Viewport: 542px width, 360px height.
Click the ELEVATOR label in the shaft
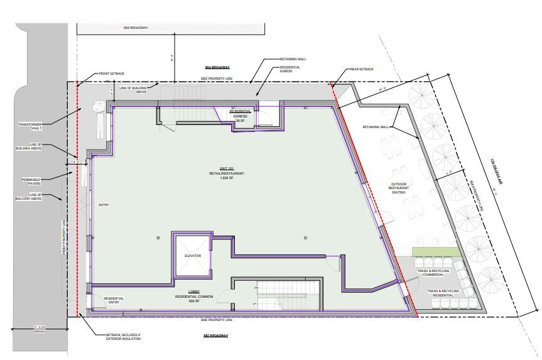(x=192, y=256)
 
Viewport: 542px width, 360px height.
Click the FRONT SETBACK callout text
(x=112, y=74)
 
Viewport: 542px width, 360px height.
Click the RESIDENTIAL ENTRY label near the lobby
(x=114, y=300)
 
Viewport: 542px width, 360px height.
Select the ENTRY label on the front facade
(x=104, y=205)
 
